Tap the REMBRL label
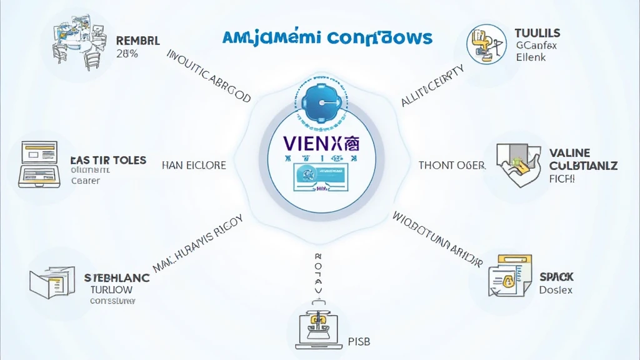tap(137, 41)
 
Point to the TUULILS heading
tap(537, 32)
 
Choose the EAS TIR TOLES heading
tap(109, 160)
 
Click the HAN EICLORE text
tap(194, 166)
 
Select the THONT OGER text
tap(452, 165)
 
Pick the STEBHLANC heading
tap(117, 277)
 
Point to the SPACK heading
tap(556, 276)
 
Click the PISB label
tap(355, 342)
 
